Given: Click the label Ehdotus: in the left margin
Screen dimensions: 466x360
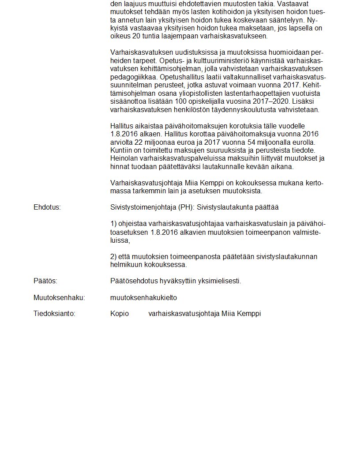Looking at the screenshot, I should [47, 207].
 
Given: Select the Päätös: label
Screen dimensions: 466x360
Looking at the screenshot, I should [45, 281].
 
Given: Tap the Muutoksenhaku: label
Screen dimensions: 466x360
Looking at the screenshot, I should [59, 298].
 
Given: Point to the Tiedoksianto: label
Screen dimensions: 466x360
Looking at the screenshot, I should [54, 314].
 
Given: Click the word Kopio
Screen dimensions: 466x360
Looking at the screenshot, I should [120, 314].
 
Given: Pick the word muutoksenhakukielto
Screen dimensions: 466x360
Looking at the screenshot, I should [143, 298].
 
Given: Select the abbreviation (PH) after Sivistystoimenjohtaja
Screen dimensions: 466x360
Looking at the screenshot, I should [185, 207].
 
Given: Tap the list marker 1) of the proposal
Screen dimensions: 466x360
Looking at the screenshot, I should [113, 223].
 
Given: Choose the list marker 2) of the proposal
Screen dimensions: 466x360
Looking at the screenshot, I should [113, 257].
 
